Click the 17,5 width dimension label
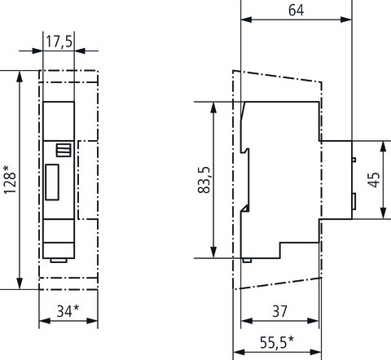pyautogui.click(x=59, y=42)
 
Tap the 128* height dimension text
pyautogui.click(x=10, y=179)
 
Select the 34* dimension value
pyautogui.click(x=68, y=311)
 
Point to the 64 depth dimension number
pyautogui.click(x=296, y=11)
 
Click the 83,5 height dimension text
pyautogui.click(x=204, y=180)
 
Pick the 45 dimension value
pyautogui.click(x=374, y=180)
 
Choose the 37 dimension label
pyautogui.click(x=279, y=311)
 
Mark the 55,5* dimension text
pyautogui.click(x=277, y=342)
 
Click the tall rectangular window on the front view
pyautogui.click(x=52, y=182)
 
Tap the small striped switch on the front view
pyautogui.click(x=64, y=150)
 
